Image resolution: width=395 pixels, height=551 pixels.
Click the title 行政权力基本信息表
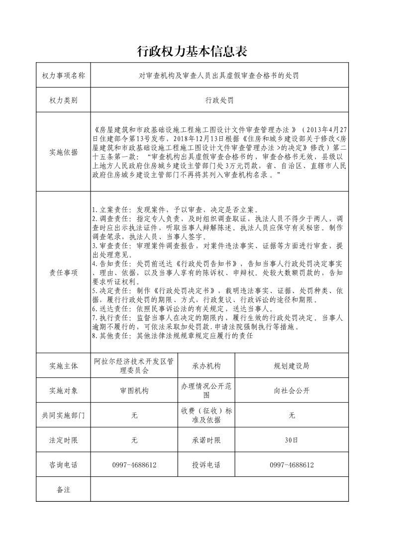(192, 52)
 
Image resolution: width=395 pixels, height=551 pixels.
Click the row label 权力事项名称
(63, 76)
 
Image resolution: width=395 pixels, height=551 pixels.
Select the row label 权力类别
(63, 100)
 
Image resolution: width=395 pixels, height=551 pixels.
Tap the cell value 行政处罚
(219, 100)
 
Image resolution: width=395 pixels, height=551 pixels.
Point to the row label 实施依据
(63, 153)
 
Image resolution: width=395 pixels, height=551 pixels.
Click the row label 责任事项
(63, 273)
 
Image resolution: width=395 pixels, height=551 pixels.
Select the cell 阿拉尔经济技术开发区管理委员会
(134, 366)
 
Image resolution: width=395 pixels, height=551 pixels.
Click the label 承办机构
(206, 366)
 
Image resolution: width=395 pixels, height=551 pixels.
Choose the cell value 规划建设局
(292, 366)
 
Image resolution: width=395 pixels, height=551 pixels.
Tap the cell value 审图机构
(134, 390)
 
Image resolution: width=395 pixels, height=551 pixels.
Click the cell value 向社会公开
(292, 390)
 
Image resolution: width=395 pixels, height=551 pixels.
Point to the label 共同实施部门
(63, 415)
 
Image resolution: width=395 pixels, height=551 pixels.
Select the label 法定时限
(63, 440)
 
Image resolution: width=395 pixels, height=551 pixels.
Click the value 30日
(292, 440)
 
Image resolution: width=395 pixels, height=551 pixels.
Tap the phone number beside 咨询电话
(134, 465)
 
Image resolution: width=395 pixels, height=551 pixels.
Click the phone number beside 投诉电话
(292, 465)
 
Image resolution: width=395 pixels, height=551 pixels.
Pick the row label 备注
(63, 490)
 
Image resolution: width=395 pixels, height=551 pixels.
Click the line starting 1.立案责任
(183, 210)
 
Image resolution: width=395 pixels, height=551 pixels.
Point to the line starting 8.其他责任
(173, 336)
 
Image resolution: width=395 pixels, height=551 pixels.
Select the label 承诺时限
(206, 440)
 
